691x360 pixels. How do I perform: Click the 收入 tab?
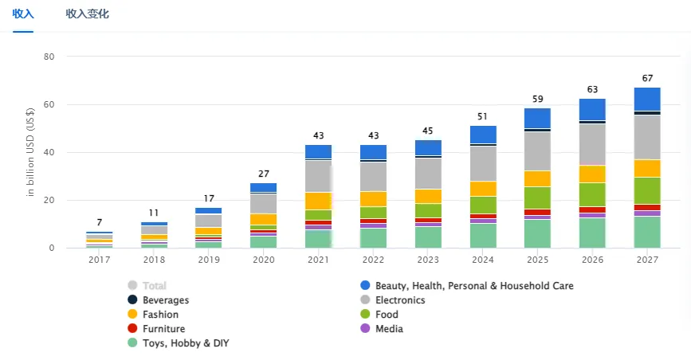23,14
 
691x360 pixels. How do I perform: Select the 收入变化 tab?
87,14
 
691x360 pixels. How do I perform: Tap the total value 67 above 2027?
647,78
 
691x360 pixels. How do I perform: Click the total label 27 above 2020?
263,174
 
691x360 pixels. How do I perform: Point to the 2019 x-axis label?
209,260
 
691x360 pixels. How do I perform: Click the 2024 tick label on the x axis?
483,260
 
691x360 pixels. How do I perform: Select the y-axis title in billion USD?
30,151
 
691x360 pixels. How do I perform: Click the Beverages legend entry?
165,300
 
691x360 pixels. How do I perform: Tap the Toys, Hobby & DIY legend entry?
186,343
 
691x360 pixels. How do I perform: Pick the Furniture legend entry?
163,329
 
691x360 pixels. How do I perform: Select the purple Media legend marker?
366,329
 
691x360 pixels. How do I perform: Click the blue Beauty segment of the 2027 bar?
647,99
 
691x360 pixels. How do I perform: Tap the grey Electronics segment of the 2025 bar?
537,151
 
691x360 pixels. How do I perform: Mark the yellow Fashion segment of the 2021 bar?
318,201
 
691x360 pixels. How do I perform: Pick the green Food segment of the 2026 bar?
592,194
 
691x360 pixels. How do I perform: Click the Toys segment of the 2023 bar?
428,237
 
